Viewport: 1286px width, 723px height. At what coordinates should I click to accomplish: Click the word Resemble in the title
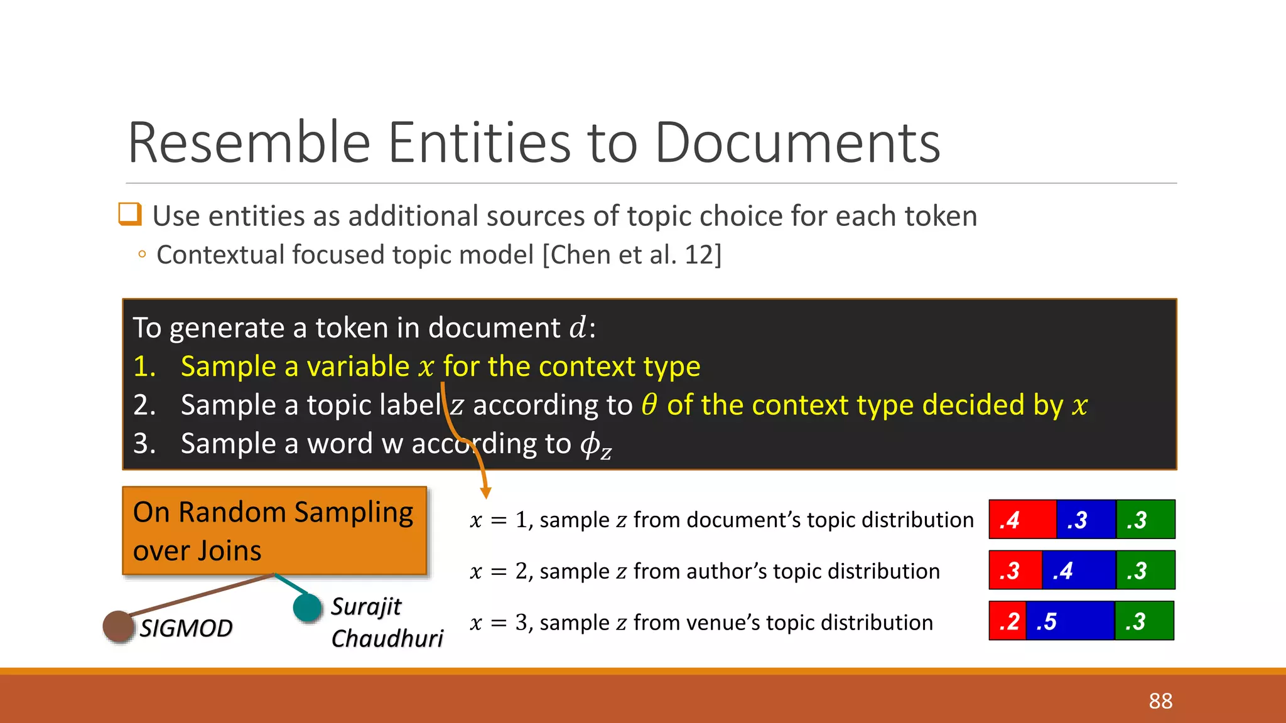[249, 142]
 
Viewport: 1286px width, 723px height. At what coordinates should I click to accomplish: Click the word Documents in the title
[797, 142]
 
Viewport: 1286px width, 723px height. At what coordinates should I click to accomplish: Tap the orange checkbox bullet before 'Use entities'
[130, 214]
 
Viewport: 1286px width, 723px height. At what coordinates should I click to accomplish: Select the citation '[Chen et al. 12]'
[632, 255]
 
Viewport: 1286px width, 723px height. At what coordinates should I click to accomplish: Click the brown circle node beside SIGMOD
[118, 626]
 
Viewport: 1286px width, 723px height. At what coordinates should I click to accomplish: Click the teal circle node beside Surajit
[308, 608]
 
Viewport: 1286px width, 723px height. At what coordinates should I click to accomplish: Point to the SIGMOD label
[186, 628]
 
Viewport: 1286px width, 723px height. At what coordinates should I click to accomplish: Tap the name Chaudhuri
[387, 638]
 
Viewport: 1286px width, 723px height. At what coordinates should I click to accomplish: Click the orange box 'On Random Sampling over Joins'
[274, 531]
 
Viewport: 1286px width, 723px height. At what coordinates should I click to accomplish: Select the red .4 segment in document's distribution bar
[1022, 520]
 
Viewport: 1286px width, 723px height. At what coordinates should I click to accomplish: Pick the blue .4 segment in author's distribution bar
[1078, 570]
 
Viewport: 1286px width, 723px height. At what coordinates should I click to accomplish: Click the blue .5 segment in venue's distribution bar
[1069, 621]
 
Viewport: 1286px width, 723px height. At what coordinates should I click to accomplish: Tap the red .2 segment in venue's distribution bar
[1008, 621]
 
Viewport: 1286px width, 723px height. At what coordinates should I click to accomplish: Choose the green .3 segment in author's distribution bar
[1145, 570]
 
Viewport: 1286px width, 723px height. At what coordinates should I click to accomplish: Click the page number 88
[1160, 701]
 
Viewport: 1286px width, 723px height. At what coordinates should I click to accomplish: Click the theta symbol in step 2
[649, 405]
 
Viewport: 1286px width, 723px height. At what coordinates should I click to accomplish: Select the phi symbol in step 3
[590, 444]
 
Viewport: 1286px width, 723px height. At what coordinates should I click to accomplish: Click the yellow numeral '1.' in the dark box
[144, 367]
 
